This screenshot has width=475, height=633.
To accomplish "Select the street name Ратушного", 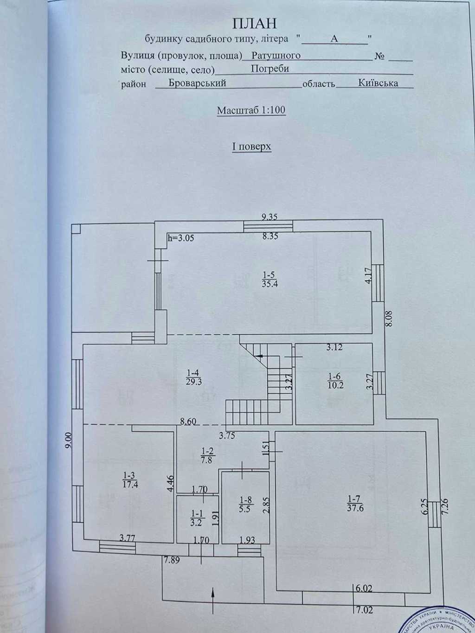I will [x=276, y=56].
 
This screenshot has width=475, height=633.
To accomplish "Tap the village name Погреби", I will [x=270, y=69].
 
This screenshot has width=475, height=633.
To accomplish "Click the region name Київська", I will [x=378, y=83].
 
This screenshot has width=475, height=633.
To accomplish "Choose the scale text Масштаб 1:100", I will [x=251, y=110].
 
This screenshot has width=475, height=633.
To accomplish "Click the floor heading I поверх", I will [x=251, y=147].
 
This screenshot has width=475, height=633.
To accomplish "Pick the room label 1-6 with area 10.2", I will [x=335, y=380].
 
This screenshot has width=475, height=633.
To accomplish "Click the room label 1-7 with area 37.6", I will [x=355, y=503].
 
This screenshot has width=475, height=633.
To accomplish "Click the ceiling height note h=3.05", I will [x=180, y=238].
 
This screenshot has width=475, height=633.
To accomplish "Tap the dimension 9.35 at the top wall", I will [x=270, y=216].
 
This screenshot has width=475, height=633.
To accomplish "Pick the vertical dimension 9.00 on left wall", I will [x=68, y=440].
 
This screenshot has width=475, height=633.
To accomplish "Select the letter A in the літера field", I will [x=334, y=39].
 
